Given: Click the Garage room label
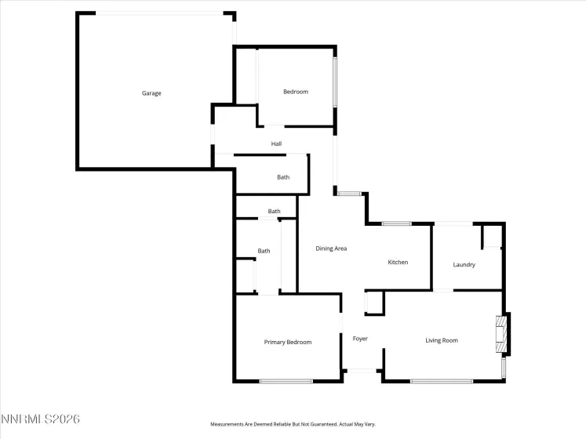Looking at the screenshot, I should [x=151, y=93].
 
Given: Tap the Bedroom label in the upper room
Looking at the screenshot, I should [x=296, y=92].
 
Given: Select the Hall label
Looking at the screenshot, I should [x=276, y=144].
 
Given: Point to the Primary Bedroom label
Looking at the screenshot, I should [x=288, y=342].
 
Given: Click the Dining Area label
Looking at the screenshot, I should [x=331, y=249].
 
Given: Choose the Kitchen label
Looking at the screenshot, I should [x=398, y=262].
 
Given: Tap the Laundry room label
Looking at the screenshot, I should [x=464, y=264].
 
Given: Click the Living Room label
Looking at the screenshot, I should [x=442, y=340].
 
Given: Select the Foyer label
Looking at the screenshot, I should [x=360, y=339].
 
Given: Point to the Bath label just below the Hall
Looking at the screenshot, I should [x=283, y=177].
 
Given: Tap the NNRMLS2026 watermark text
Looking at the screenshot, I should [x=41, y=419].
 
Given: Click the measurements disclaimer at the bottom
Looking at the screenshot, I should [x=293, y=424].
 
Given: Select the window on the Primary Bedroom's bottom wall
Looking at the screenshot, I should [x=286, y=381].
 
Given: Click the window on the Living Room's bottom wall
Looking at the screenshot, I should [x=441, y=381].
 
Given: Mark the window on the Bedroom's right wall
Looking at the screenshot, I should [x=335, y=83].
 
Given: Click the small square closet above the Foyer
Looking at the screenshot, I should [x=374, y=303].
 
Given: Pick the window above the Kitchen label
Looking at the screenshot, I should [x=397, y=224].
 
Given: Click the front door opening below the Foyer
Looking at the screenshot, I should [x=361, y=370].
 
